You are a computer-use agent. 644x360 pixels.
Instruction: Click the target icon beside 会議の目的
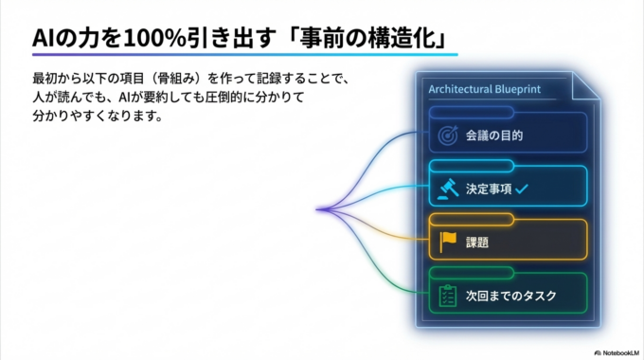[449, 135]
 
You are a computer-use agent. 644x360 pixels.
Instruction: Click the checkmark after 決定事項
[522, 189]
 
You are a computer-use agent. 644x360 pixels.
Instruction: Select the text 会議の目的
[494, 135]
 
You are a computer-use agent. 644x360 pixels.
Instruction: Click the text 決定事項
[488, 189]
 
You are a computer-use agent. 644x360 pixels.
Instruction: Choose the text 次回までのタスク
[510, 296]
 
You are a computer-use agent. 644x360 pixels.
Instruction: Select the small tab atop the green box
[470, 273]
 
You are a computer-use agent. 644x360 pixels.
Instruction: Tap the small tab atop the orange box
[470, 220]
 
